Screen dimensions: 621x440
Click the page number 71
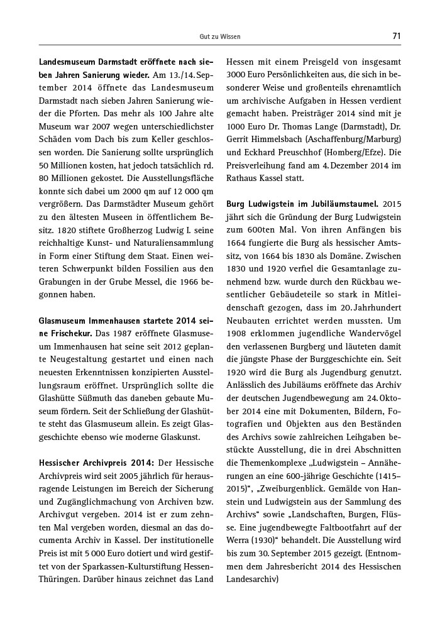tap(396, 36)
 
